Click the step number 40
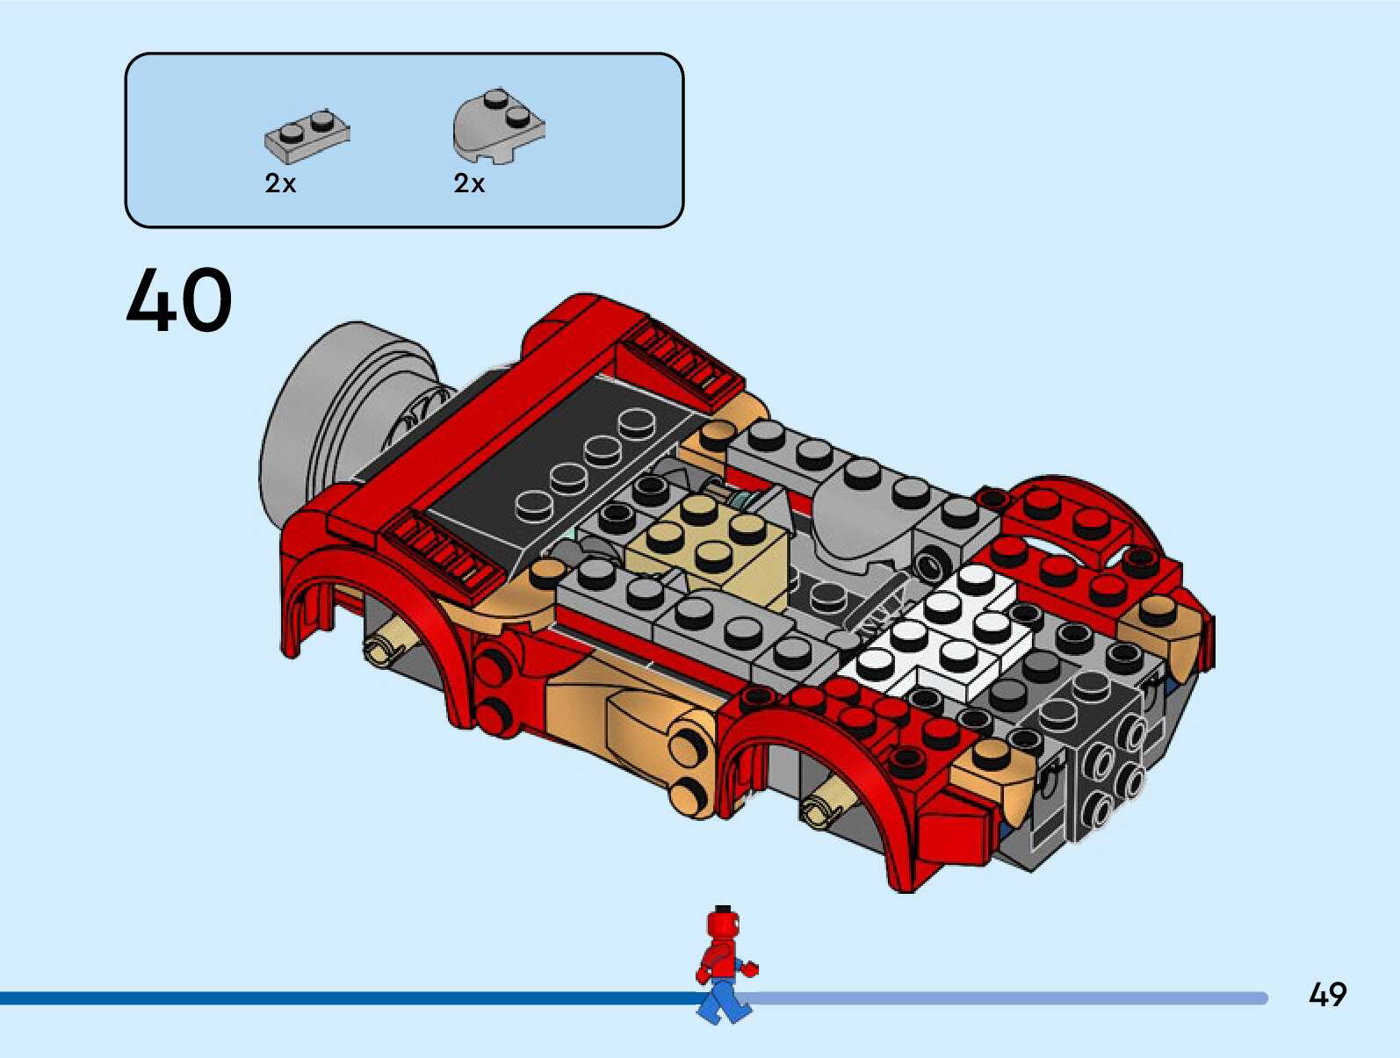(179, 300)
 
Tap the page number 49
(1327, 995)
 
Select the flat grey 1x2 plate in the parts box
(307, 137)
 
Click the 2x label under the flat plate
(280, 184)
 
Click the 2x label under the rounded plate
(469, 184)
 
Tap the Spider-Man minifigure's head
(723, 925)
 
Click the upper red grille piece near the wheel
(681, 360)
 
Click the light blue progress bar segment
(1010, 998)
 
